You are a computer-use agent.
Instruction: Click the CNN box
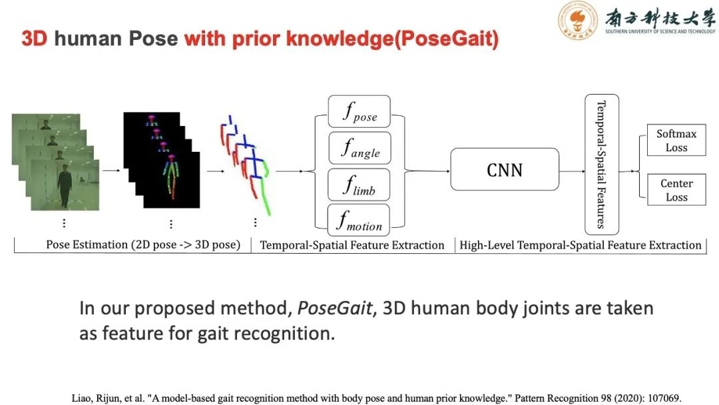pos(505,169)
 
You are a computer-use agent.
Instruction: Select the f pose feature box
pos(359,111)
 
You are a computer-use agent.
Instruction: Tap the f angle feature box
pos(359,147)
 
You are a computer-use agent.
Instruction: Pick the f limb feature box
pos(359,184)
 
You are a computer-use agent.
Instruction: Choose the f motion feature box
pos(359,220)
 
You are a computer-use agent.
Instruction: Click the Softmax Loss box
pos(676,141)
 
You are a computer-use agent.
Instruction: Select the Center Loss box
pos(676,190)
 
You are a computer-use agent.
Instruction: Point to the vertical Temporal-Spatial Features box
pos(601,165)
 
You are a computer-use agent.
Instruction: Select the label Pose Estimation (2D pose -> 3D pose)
pos(142,244)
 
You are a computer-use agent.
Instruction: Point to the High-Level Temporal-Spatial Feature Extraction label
pos(580,245)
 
